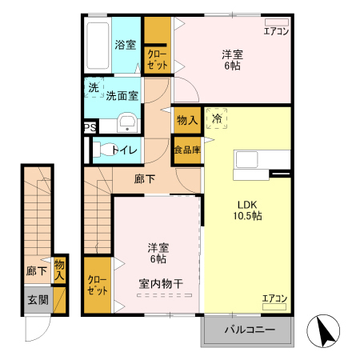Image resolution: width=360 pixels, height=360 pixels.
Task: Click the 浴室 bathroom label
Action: [x=124, y=45]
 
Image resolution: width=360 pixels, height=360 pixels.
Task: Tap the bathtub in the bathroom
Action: [x=97, y=46]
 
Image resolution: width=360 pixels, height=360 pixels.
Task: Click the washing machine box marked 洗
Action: [x=94, y=88]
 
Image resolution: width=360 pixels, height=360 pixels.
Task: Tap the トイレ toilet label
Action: [x=125, y=150]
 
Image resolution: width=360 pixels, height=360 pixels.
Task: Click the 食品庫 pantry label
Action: [x=186, y=150]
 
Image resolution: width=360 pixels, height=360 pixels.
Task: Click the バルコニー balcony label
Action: [x=249, y=330]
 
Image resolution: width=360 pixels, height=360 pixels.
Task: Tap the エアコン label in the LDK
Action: [x=274, y=298]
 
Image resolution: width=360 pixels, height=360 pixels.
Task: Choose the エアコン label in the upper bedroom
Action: [x=276, y=30]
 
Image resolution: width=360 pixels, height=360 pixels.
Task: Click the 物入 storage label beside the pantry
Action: [x=187, y=120]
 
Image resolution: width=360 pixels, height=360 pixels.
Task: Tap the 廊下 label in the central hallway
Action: [x=145, y=180]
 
